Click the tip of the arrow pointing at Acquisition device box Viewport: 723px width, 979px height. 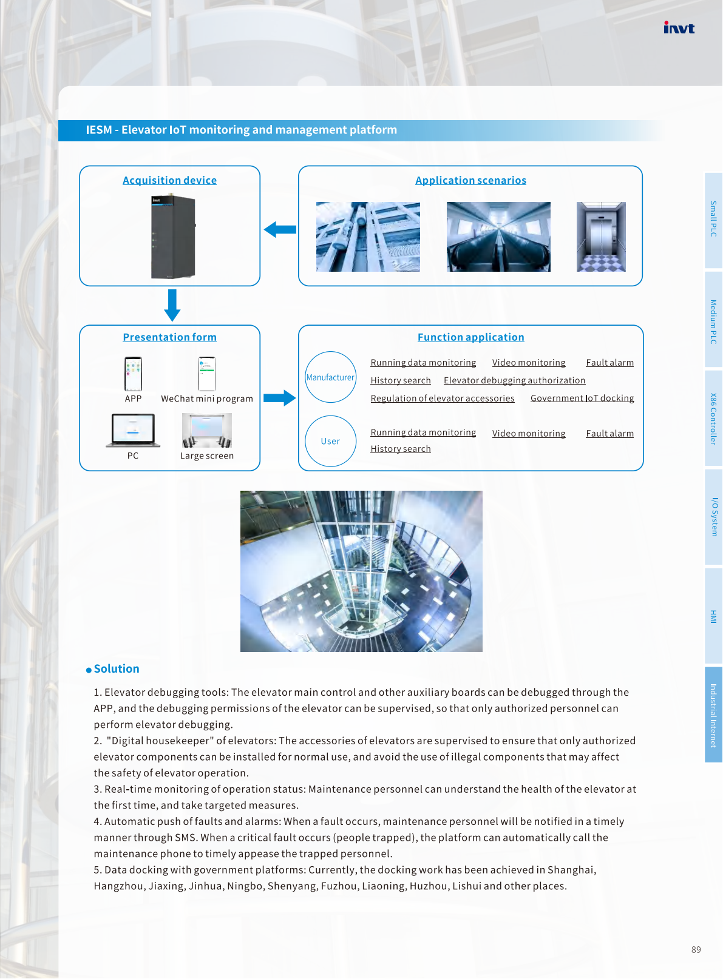coord(264,229)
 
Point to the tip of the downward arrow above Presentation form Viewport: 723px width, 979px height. coord(172,321)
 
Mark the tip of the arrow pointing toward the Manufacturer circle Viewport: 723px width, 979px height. coord(296,398)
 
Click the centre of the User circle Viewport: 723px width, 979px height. coord(330,441)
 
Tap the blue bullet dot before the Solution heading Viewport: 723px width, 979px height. coord(89,670)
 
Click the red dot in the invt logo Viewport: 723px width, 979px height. coord(666,22)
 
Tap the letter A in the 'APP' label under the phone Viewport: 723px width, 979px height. coord(127,399)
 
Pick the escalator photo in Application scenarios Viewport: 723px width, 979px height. coord(498,237)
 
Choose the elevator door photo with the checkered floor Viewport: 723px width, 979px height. coord(601,237)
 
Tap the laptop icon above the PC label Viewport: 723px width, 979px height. coord(133,430)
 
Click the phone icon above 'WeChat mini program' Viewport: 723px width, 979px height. coord(207,374)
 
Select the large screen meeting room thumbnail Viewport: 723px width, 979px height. coord(207,430)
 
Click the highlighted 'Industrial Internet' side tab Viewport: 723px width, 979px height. coord(713,715)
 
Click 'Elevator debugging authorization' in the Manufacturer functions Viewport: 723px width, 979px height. coord(514,380)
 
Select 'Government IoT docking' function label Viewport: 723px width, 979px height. coord(582,398)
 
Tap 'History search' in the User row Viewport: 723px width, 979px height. coord(401,449)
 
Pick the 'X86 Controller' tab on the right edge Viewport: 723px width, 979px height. coord(713,419)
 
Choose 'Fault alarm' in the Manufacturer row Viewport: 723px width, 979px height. coord(610,362)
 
